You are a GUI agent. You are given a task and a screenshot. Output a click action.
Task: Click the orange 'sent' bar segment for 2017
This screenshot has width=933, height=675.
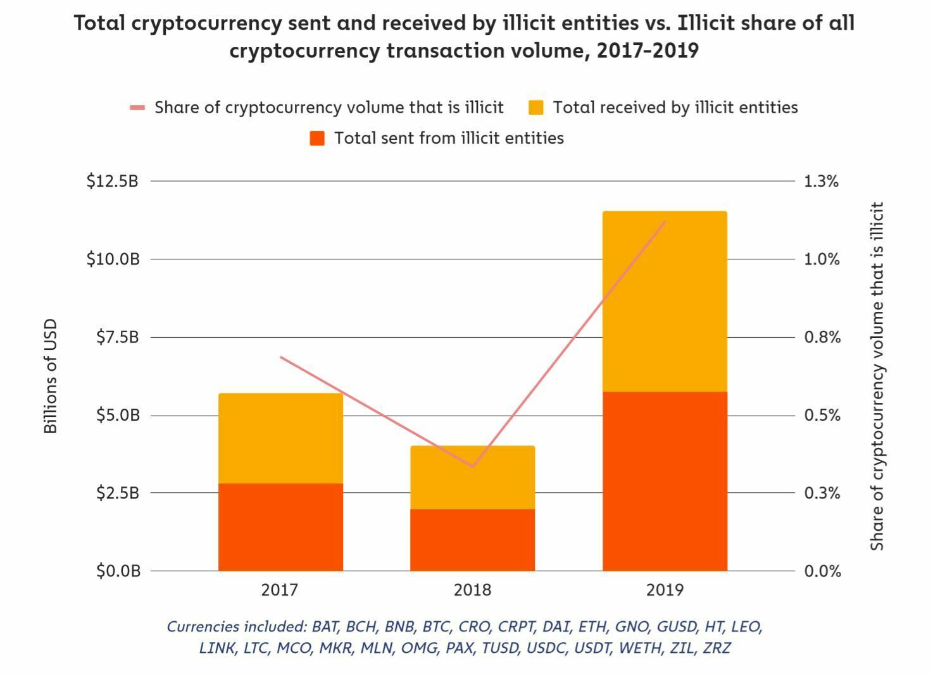[280, 527]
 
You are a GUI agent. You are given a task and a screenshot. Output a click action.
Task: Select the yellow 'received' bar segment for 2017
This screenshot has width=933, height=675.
[280, 438]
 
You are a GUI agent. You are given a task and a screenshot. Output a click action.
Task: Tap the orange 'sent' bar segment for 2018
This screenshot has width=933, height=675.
[472, 540]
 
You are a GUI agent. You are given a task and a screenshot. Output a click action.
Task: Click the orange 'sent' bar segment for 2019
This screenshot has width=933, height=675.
[665, 481]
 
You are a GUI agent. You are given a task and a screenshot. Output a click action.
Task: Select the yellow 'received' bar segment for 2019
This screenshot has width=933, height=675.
[665, 301]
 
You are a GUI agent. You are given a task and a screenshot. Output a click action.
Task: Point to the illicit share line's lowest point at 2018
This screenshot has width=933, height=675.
[472, 466]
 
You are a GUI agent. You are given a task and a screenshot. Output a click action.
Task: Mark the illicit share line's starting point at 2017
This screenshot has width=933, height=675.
[280, 357]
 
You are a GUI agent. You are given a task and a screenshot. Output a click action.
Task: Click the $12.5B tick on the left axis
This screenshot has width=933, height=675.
[112, 182]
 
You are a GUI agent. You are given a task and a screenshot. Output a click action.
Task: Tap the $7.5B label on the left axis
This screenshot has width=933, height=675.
[117, 337]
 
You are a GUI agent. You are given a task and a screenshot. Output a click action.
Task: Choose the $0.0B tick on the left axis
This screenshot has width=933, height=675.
[118, 571]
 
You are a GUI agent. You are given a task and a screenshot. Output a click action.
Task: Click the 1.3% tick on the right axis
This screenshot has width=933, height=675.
[821, 182]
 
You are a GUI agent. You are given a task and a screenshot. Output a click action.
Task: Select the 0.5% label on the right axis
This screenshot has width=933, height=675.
[822, 416]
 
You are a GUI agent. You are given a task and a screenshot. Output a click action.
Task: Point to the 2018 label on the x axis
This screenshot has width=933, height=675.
[472, 590]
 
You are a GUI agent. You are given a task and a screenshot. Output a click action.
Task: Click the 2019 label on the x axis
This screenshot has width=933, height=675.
[665, 590]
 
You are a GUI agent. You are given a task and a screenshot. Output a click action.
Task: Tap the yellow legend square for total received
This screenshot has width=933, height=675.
[536, 108]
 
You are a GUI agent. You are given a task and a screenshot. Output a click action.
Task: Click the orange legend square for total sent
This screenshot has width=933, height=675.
[317, 139]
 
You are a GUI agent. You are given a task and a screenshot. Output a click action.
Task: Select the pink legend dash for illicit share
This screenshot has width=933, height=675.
[137, 108]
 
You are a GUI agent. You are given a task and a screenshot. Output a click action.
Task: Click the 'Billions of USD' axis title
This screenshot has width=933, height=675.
[51, 376]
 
